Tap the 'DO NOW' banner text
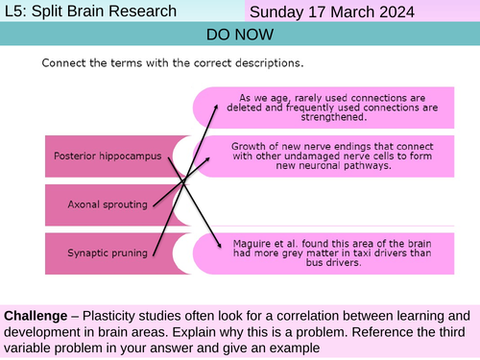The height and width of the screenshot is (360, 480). pyautogui.click(x=239, y=35)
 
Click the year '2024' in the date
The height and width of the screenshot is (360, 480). pyautogui.click(x=394, y=12)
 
